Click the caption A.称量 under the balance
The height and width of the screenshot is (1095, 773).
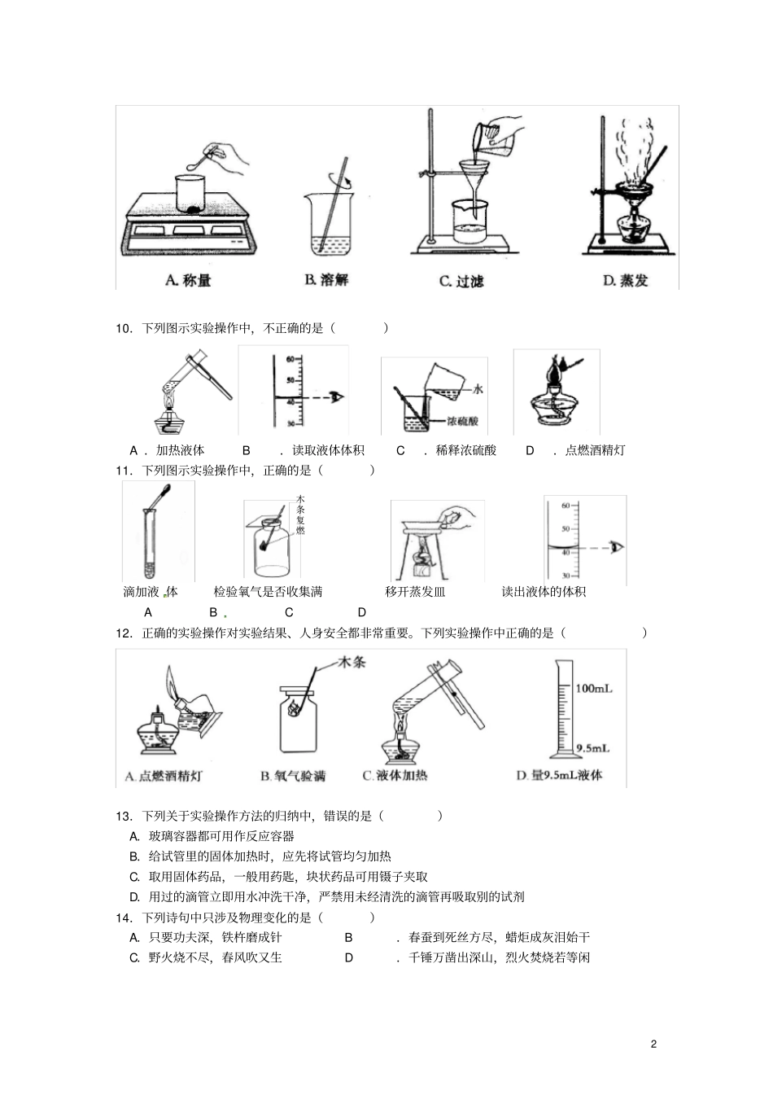tap(188, 280)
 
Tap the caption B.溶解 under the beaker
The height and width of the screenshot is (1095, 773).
tap(326, 279)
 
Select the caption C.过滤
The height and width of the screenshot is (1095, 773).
tap(461, 281)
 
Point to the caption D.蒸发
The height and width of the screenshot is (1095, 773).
tap(625, 280)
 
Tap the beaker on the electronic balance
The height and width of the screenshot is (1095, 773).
tap(194, 193)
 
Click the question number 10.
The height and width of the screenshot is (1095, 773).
tap(124, 328)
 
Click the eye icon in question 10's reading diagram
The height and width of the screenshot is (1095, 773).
tap(338, 396)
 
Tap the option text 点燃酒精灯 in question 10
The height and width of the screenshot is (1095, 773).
tap(595, 450)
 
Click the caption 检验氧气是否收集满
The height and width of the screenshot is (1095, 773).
tap(268, 592)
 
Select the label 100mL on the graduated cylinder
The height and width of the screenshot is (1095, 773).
tap(593, 689)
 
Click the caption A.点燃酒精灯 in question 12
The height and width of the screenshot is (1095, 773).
tap(163, 777)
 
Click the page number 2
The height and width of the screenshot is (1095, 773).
tap(653, 1044)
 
